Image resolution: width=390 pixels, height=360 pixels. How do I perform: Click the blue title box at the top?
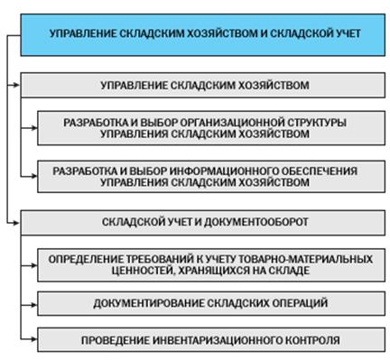point(203,33)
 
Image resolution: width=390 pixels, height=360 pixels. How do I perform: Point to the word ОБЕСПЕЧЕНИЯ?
point(325,170)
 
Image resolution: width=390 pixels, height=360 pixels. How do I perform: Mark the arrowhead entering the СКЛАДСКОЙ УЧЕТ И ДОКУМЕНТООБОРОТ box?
point(15,220)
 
